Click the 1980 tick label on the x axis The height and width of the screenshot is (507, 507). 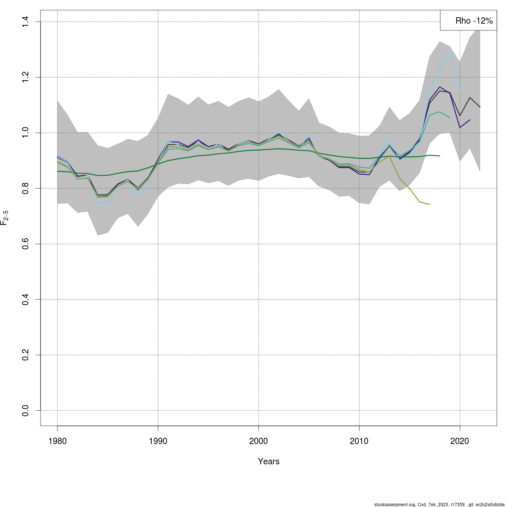(57, 441)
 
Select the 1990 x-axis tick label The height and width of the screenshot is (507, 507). (158, 441)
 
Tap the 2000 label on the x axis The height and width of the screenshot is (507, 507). (259, 441)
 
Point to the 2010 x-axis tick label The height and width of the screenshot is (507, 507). (359, 441)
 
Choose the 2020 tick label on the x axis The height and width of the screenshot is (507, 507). (460, 441)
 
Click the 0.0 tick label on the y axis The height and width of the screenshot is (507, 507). (26, 410)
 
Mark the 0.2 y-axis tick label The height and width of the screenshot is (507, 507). (26, 355)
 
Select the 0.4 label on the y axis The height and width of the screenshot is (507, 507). (26, 299)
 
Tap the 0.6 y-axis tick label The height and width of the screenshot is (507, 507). (26, 244)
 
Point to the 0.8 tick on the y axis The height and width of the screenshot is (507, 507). (26, 188)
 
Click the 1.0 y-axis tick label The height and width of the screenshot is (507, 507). (26, 133)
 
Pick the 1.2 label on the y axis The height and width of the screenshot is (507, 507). (26, 77)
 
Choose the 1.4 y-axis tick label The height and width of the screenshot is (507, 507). (26, 22)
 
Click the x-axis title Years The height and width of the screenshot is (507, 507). (269, 461)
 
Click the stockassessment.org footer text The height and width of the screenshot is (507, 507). (439, 504)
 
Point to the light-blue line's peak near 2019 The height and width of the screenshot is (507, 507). (450, 52)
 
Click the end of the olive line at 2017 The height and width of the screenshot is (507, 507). (430, 204)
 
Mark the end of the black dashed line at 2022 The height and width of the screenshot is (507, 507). (480, 107)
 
